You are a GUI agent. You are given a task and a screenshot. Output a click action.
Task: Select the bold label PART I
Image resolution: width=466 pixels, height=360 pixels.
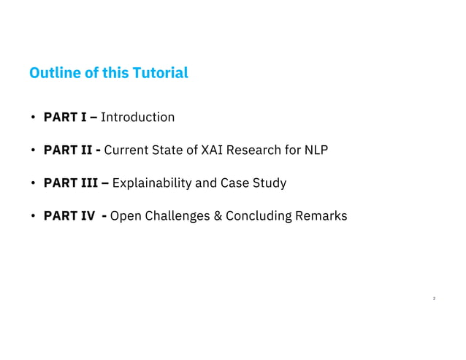69,117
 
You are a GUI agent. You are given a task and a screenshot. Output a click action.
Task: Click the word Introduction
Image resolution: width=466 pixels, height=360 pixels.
138,117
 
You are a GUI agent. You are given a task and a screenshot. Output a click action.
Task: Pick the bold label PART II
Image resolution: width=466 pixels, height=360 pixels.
71,150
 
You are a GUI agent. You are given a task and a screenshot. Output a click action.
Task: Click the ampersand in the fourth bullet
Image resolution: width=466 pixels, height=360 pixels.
216,216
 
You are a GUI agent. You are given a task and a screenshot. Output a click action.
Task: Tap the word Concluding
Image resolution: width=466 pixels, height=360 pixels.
256,216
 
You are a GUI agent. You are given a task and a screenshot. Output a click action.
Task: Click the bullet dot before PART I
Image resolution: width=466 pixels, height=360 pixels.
33,118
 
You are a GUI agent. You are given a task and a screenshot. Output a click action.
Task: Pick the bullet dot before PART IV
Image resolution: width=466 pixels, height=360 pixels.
33,217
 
